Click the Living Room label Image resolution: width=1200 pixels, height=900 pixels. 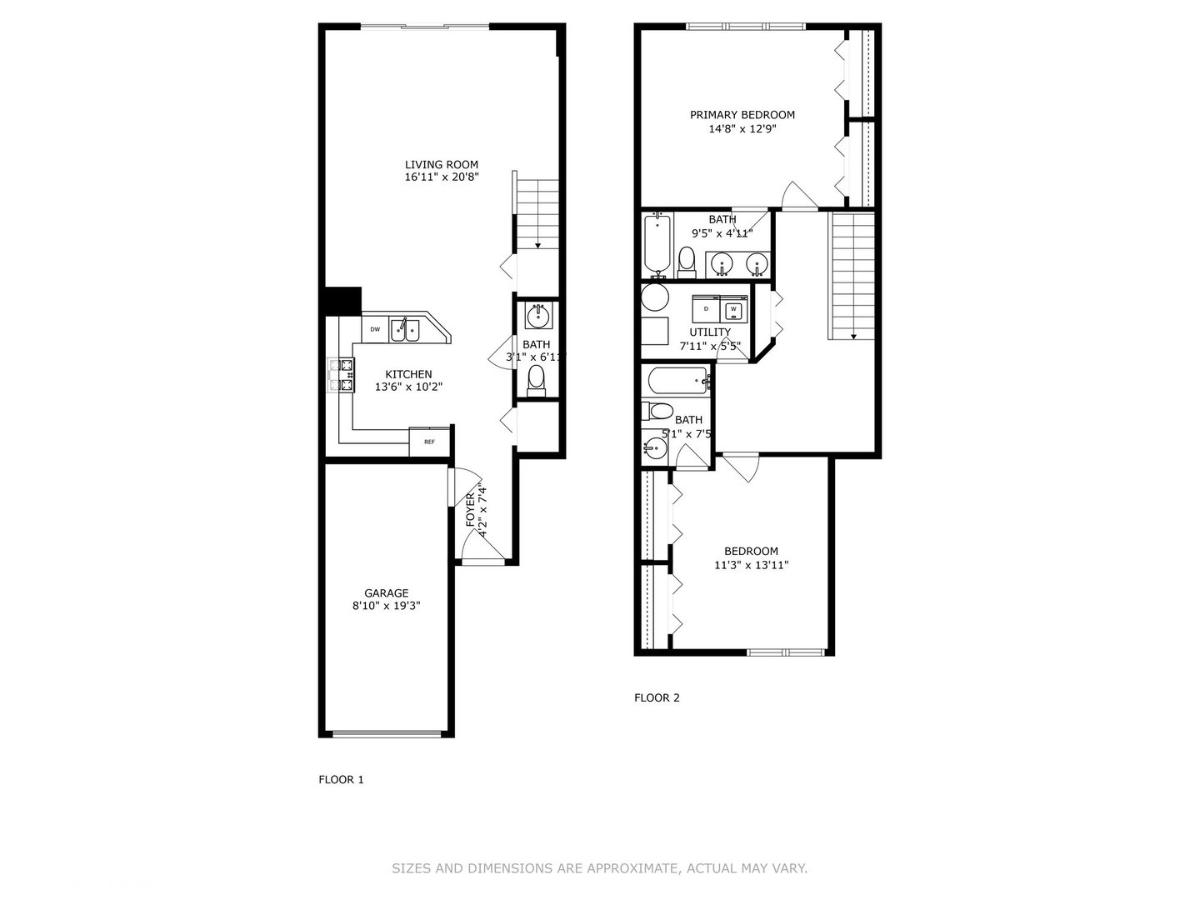point(442,164)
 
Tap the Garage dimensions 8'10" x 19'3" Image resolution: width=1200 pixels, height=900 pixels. point(386,606)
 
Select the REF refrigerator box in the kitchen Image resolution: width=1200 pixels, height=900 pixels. point(429,442)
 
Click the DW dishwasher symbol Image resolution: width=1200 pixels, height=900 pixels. point(375,329)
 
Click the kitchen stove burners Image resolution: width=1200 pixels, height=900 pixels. point(341,375)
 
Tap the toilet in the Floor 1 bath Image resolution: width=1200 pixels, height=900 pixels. point(537,379)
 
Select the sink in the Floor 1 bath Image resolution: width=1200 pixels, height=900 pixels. point(537,317)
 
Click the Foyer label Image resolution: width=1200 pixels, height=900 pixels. point(470,508)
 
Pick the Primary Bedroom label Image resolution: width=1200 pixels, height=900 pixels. point(742,115)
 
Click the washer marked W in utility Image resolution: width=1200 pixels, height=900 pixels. point(733,309)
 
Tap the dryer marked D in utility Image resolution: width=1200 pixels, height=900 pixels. point(706,309)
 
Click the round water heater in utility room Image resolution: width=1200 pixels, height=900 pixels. point(655,297)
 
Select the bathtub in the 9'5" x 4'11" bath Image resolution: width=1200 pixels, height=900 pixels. point(657,243)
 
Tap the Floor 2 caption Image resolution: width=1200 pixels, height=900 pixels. point(657,697)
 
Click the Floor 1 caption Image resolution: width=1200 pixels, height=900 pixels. point(341,780)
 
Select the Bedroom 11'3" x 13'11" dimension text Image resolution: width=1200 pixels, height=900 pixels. point(751,565)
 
